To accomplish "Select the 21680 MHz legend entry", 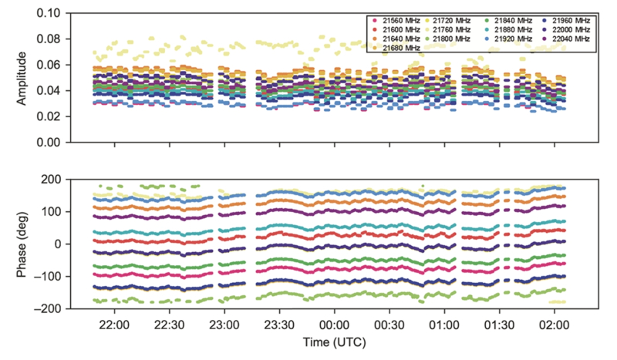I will point(400,48).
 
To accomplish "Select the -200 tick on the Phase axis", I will point(47,309).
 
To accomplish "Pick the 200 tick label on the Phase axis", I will point(52,180).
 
